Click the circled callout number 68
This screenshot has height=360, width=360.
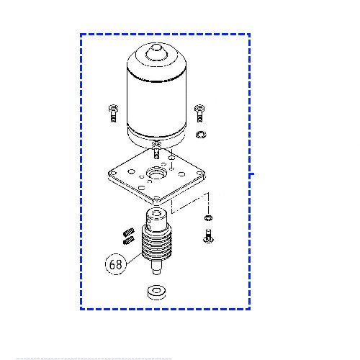116,264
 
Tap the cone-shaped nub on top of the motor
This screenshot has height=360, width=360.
156,53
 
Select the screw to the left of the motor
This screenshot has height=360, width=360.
113,113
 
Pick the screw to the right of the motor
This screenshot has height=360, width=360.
199,113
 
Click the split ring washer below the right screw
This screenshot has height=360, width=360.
201,135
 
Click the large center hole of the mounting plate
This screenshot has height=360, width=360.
156,173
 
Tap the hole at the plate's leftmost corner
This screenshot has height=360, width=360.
112,173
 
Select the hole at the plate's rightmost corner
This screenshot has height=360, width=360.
199,173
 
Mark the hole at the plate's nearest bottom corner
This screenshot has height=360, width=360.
156,198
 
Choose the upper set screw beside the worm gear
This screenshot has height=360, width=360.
129,232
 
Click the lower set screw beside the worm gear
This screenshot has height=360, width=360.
129,240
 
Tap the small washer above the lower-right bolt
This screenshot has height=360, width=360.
208,218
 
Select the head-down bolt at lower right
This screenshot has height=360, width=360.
208,235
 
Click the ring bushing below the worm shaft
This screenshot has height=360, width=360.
156,292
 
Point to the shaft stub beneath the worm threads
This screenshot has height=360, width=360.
156,268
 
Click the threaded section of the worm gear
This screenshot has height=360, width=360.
156,243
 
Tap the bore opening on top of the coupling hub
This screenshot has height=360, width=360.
156,213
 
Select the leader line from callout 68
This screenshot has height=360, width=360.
134,258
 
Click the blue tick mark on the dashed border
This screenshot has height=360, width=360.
251,174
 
